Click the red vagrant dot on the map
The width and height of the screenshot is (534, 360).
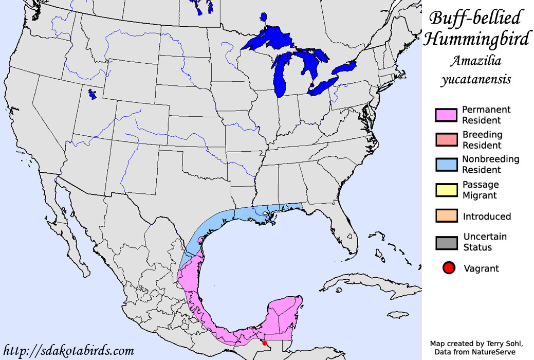(265, 343)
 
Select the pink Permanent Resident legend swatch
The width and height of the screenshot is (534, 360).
(446, 116)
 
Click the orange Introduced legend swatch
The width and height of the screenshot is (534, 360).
(446, 216)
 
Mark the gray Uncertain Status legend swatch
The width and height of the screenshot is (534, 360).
(446, 242)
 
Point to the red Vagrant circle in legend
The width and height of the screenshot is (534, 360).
(449, 268)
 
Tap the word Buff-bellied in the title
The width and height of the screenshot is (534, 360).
(474, 18)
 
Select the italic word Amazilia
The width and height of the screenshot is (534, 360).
(475, 62)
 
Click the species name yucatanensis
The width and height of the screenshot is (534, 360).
(475, 80)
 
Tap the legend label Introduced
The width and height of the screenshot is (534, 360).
(487, 217)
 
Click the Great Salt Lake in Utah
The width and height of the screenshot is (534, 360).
(93, 94)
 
